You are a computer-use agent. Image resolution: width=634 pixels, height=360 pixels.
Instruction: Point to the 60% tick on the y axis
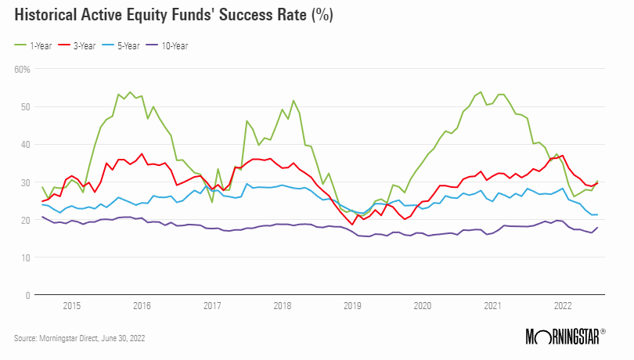coord(22,69)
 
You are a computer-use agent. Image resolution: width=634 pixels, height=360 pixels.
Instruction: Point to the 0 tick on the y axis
coord(27,295)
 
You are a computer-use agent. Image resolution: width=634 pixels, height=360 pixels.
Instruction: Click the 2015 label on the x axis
coord(71,307)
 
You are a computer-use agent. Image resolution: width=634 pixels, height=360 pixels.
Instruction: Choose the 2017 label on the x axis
coord(211,307)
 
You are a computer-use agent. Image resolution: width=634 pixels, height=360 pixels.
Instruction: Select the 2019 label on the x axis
coord(352,307)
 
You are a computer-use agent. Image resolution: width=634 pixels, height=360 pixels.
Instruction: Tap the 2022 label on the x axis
coord(563,307)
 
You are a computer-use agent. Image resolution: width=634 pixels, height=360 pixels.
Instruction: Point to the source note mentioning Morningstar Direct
coord(79,338)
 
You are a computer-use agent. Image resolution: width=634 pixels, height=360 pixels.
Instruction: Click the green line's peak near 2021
coord(480,92)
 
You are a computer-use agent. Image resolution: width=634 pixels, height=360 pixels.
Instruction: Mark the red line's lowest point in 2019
coord(352,225)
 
